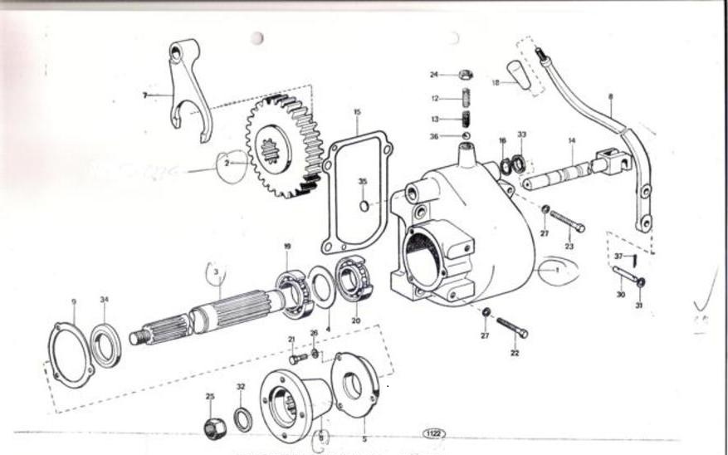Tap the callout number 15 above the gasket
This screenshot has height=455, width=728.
tap(357, 111)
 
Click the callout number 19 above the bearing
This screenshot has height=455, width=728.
tap(287, 246)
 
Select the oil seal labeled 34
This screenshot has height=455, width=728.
tap(105, 345)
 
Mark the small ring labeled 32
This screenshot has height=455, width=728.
tap(242, 420)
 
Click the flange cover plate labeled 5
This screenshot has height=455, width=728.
tap(354, 384)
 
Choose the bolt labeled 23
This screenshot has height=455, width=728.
tap(567, 221)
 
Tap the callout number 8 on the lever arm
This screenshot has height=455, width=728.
tap(610, 96)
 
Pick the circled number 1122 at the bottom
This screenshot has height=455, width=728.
tap(433, 433)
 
